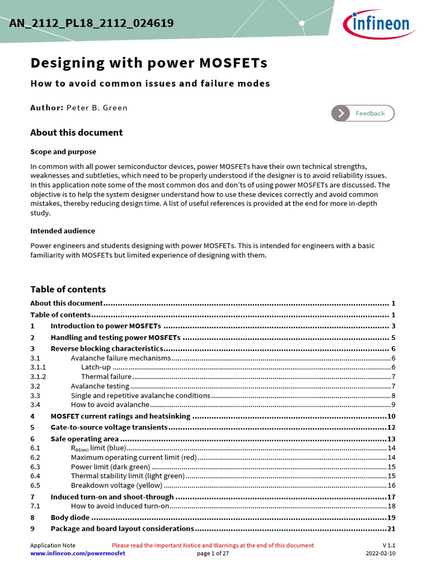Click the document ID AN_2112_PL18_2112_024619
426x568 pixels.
point(92,23)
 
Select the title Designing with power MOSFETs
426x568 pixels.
point(149,63)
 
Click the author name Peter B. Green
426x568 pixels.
point(97,108)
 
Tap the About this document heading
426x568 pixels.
point(76,133)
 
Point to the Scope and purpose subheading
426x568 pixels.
point(63,151)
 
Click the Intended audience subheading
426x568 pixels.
point(62,231)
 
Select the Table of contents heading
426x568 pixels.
point(68,290)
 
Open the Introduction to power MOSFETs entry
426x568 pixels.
point(105,326)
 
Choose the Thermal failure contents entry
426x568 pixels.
point(106,377)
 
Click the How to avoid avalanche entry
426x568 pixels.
point(110,405)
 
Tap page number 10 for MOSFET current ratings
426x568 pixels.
point(391,416)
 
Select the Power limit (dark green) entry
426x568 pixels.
point(110,467)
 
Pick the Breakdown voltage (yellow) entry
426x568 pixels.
point(116,485)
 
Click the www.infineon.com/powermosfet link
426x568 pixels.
point(78,554)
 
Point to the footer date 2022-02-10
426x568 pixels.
point(381,554)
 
